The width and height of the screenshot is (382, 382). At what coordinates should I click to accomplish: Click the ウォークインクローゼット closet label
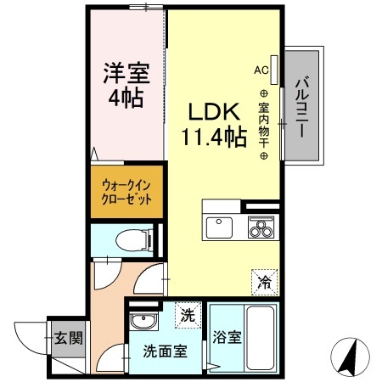tap(126, 192)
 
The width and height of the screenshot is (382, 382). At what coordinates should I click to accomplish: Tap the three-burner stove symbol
tap(261, 227)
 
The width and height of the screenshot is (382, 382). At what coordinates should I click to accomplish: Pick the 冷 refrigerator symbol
tap(264, 279)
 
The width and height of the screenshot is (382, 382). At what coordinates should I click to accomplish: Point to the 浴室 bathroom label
tap(227, 337)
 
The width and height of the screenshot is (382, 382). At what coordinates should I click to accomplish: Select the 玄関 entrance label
tap(69, 339)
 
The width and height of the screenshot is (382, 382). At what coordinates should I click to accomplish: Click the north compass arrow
tap(349, 357)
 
